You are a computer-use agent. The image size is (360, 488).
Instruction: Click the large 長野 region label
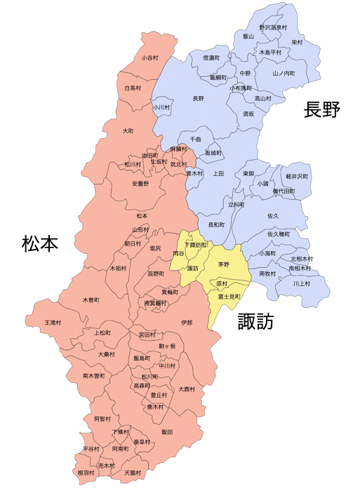coord(322,109)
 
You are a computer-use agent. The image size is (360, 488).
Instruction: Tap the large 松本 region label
coord(39,243)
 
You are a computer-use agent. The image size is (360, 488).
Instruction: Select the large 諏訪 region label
coord(255,321)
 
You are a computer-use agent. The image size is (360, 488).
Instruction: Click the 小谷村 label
coord(149,58)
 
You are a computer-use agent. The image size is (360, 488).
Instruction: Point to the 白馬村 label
coord(133,88)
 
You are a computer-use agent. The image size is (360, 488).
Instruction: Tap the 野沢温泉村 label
coord(273,27)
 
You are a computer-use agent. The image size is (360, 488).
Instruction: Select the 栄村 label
coord(298,42)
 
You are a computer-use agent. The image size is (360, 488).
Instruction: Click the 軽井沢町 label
coord(298,177)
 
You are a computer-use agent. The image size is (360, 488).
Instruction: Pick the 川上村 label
coord(301,283)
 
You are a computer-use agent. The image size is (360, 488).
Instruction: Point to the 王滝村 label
coord(53,323)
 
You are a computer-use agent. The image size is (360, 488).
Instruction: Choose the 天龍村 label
coord(133,473)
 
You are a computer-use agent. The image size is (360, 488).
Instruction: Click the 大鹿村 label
coord(187,388)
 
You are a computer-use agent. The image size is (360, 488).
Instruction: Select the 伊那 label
coord(186,323)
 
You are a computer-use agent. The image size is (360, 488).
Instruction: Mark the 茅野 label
coord(224,264)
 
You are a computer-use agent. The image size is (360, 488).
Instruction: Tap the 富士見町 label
coord(229,297)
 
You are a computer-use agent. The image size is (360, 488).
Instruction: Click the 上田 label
coord(218,172)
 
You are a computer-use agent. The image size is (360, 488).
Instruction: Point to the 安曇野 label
coord(140,184)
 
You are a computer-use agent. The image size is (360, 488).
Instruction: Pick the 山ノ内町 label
coord(284,73)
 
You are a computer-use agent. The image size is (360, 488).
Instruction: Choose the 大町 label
coord(128,131)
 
